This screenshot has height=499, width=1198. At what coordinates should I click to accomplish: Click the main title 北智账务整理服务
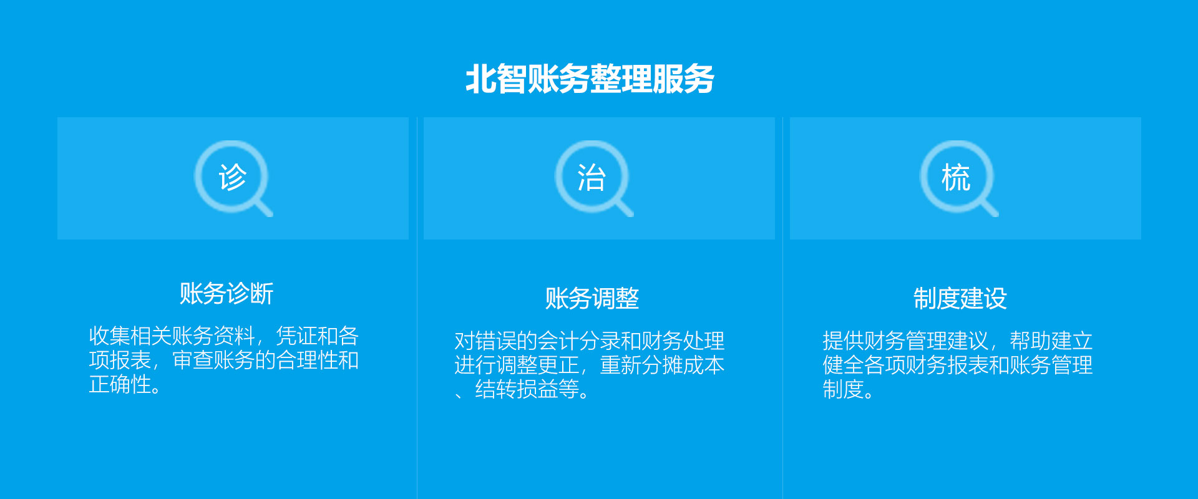pyautogui.click(x=590, y=79)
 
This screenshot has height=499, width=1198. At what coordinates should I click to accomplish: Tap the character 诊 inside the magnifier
pyautogui.click(x=233, y=177)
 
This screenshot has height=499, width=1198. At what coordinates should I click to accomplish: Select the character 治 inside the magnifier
pyautogui.click(x=592, y=178)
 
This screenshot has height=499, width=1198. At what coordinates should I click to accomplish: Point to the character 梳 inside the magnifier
pyautogui.click(x=956, y=178)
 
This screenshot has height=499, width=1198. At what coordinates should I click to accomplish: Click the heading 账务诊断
pyautogui.click(x=226, y=294)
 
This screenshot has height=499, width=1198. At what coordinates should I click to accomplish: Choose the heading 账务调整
pyautogui.click(x=592, y=298)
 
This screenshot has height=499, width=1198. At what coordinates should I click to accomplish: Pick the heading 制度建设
pyautogui.click(x=960, y=298)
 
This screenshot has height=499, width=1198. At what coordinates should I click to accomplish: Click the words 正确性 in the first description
pyautogui.click(x=120, y=384)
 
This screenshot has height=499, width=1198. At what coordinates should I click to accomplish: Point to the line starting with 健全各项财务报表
pyautogui.click(x=958, y=365)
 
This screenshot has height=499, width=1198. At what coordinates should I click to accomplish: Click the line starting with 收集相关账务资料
pyautogui.click(x=224, y=336)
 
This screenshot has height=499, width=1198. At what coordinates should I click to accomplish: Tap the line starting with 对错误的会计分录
pyautogui.click(x=590, y=341)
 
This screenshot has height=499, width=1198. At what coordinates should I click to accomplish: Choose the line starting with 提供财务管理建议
pyautogui.click(x=958, y=341)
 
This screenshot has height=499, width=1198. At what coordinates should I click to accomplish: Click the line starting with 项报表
pyautogui.click(x=224, y=361)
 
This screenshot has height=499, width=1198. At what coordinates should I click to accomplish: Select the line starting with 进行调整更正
pyautogui.click(x=590, y=365)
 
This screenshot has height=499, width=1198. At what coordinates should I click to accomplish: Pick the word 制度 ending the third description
pyautogui.click(x=843, y=389)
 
